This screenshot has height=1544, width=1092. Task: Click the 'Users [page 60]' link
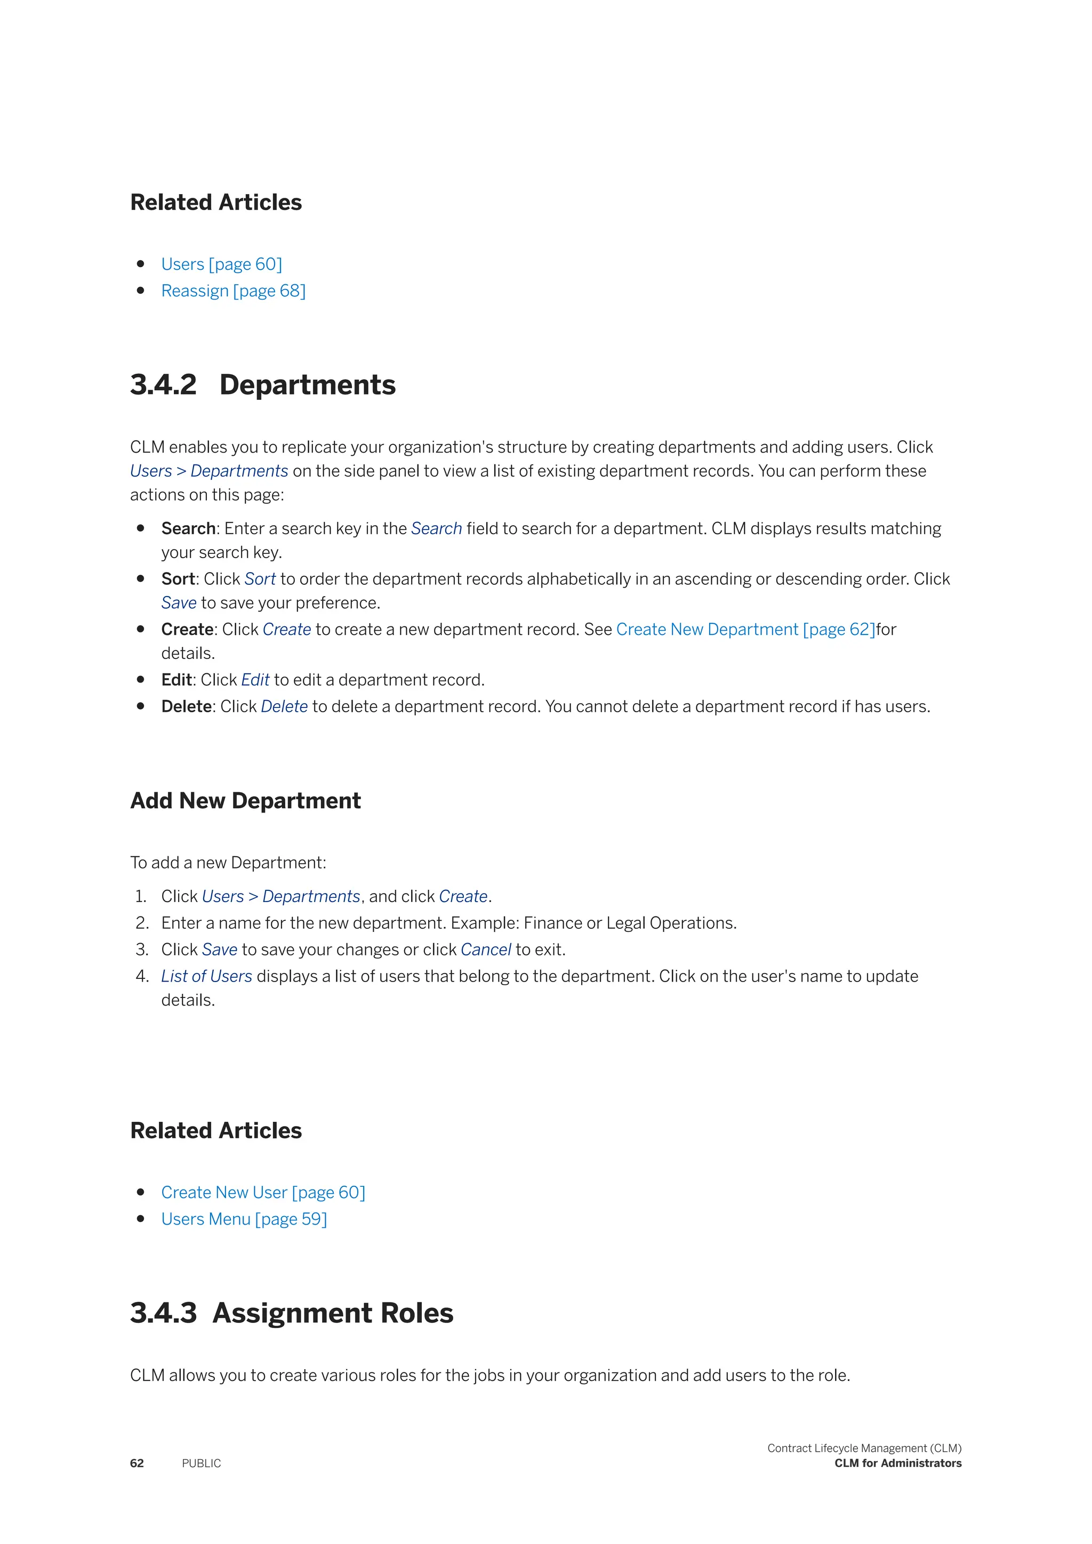pyautogui.click(x=221, y=264)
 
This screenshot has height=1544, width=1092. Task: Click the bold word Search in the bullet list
pyautogui.click(x=188, y=528)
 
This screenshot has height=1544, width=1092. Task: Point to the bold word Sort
pyautogui.click(x=178, y=579)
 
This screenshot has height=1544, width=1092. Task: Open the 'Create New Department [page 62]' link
pyautogui.click(x=745, y=630)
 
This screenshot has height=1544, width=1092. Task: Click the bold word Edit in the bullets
pyautogui.click(x=176, y=680)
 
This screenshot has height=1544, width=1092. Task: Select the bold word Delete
pyautogui.click(x=186, y=707)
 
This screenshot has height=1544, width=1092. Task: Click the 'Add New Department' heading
pyautogui.click(x=245, y=801)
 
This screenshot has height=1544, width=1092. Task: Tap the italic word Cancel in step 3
pyautogui.click(x=486, y=950)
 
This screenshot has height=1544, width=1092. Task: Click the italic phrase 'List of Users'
pyautogui.click(x=206, y=976)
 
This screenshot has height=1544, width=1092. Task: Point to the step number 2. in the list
pyautogui.click(x=142, y=923)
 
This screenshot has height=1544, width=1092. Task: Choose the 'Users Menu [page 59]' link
pyautogui.click(x=244, y=1219)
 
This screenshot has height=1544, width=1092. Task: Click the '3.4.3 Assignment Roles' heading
pyautogui.click(x=292, y=1313)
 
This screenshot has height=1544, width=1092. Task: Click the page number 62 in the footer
pyautogui.click(x=136, y=1463)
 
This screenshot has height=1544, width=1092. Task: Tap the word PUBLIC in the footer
pyautogui.click(x=201, y=1463)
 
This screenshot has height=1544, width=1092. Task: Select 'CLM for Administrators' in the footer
pyautogui.click(x=898, y=1463)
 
